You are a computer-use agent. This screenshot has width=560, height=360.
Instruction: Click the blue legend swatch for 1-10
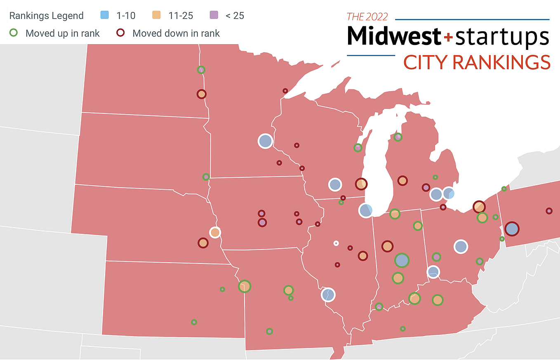pos(105,16)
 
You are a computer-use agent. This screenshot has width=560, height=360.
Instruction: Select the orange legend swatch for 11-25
pos(156,16)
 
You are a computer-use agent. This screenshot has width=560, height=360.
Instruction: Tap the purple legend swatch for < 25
pos(214,16)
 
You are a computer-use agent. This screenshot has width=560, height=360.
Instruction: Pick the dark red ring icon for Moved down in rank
pos(121,33)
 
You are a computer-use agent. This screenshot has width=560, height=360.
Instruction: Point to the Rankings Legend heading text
pos(46,16)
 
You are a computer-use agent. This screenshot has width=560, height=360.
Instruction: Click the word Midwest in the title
pos(394,36)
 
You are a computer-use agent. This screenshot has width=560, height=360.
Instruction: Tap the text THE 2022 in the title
pos(367,16)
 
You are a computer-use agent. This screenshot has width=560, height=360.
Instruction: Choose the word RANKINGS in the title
pos(501,62)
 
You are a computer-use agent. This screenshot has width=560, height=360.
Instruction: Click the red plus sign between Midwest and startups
pos(448,38)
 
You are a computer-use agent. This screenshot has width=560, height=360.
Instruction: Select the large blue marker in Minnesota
pos(266,141)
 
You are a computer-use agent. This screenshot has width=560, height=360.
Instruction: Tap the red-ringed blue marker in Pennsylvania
pos(511,228)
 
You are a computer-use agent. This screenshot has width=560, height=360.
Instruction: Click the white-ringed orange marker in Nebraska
pos(215,233)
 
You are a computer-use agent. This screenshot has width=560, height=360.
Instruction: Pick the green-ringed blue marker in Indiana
pos(402,260)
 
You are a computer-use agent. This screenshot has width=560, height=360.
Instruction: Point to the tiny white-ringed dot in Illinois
pos(336,243)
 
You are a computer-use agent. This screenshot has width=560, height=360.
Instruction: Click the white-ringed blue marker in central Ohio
pos(461,247)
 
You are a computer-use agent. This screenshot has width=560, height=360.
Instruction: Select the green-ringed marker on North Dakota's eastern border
pos(201,70)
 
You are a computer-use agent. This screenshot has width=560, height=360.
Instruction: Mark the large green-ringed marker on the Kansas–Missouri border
pos(245,286)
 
